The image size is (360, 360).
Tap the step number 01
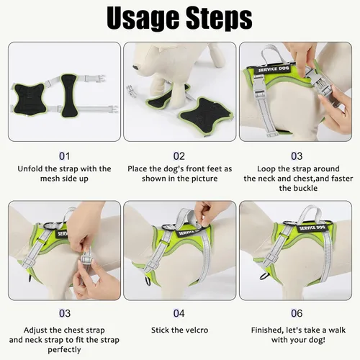[65, 155]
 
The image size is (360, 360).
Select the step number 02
[179, 155]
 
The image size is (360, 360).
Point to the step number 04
[179, 313]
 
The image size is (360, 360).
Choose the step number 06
[297, 313]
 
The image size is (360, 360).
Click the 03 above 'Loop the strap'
[297, 155]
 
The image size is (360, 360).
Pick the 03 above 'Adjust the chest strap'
[65, 313]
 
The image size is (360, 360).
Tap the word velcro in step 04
[199, 330]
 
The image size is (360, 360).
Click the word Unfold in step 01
[33, 169]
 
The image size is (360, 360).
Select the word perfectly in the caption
[65, 350]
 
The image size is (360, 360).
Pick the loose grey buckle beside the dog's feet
[135, 92]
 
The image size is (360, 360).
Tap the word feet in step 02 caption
[210, 169]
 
